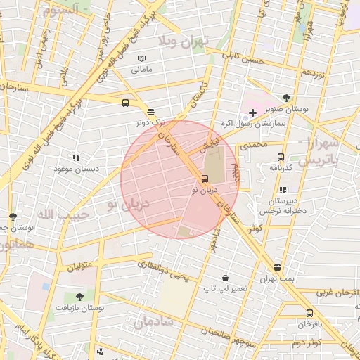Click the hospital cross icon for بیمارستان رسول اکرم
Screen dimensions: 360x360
(252, 112)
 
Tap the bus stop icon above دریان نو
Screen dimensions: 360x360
(205, 179)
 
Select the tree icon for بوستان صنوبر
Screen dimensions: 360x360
(286, 98)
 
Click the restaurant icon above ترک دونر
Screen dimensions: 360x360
(150, 112)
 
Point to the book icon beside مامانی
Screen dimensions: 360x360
(142, 59)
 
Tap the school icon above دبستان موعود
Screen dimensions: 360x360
(77, 158)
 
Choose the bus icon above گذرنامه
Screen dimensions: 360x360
(281, 157)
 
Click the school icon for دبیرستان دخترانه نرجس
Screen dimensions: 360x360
(283, 190)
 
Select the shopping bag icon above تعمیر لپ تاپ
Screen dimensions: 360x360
(224, 278)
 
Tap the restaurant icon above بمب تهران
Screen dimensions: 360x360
(278, 268)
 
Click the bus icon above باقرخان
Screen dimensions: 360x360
(309, 314)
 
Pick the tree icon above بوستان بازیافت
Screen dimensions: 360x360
(79, 297)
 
